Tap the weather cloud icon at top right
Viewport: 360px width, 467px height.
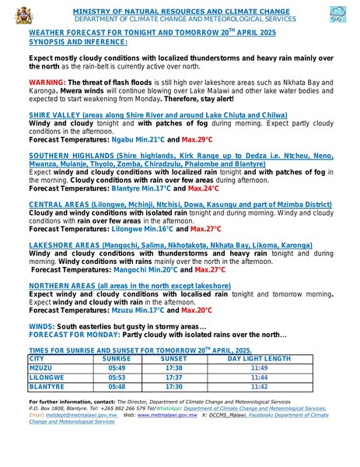click(x=338, y=13)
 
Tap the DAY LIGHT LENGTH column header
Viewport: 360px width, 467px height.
click(x=259, y=359)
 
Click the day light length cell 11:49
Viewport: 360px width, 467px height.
click(x=259, y=367)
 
